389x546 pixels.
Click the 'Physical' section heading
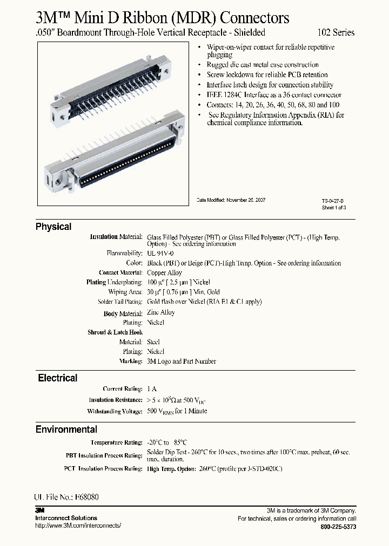pos(53,227)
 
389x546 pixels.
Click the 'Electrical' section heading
pos(57,378)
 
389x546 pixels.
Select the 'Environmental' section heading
pos(66,429)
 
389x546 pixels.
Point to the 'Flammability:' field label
pos(125,253)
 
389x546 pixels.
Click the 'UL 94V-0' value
pos(161,253)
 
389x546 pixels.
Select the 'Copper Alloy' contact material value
pos(164,272)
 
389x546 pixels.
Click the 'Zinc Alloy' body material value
pos(160,312)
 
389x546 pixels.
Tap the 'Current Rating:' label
pos(123,389)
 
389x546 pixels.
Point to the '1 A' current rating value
pos(152,389)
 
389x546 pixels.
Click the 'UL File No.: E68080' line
pos(66,497)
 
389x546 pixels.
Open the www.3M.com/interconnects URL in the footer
pos(78,525)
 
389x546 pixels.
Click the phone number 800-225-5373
pos(338,526)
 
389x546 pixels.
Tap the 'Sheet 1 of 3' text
pos(333,207)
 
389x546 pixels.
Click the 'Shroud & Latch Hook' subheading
pos(115,332)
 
